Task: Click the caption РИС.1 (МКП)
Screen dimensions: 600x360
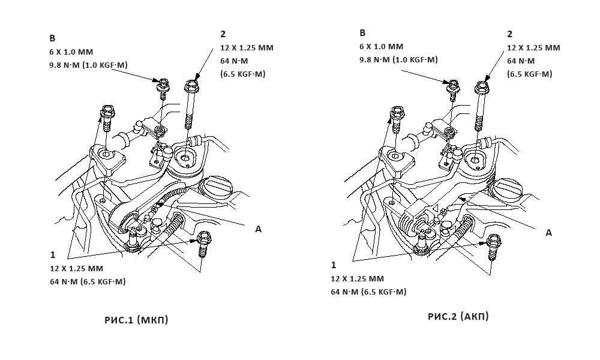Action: [136, 320]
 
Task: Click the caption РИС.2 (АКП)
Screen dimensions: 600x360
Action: [458, 316]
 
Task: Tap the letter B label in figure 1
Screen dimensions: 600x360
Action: [52, 38]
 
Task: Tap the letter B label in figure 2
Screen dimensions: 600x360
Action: [363, 33]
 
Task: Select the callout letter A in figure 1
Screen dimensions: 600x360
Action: [258, 229]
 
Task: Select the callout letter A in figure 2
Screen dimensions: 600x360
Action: [549, 233]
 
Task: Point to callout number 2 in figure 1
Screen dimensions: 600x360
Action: [223, 34]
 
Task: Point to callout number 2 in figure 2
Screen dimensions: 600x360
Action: [509, 34]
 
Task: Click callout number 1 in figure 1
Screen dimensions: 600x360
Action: [53, 255]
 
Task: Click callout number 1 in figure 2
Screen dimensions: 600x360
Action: [334, 265]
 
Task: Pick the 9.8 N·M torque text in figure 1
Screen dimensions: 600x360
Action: [88, 65]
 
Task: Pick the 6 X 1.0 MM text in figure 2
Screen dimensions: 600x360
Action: [381, 47]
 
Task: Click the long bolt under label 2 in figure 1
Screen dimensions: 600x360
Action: [190, 104]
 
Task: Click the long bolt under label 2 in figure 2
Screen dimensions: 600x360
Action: [481, 106]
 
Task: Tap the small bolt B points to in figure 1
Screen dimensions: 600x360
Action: [163, 89]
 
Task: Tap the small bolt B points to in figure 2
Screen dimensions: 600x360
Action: [454, 90]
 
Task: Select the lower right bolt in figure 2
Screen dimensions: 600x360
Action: [494, 247]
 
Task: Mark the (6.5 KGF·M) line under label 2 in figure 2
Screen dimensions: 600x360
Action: [530, 74]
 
